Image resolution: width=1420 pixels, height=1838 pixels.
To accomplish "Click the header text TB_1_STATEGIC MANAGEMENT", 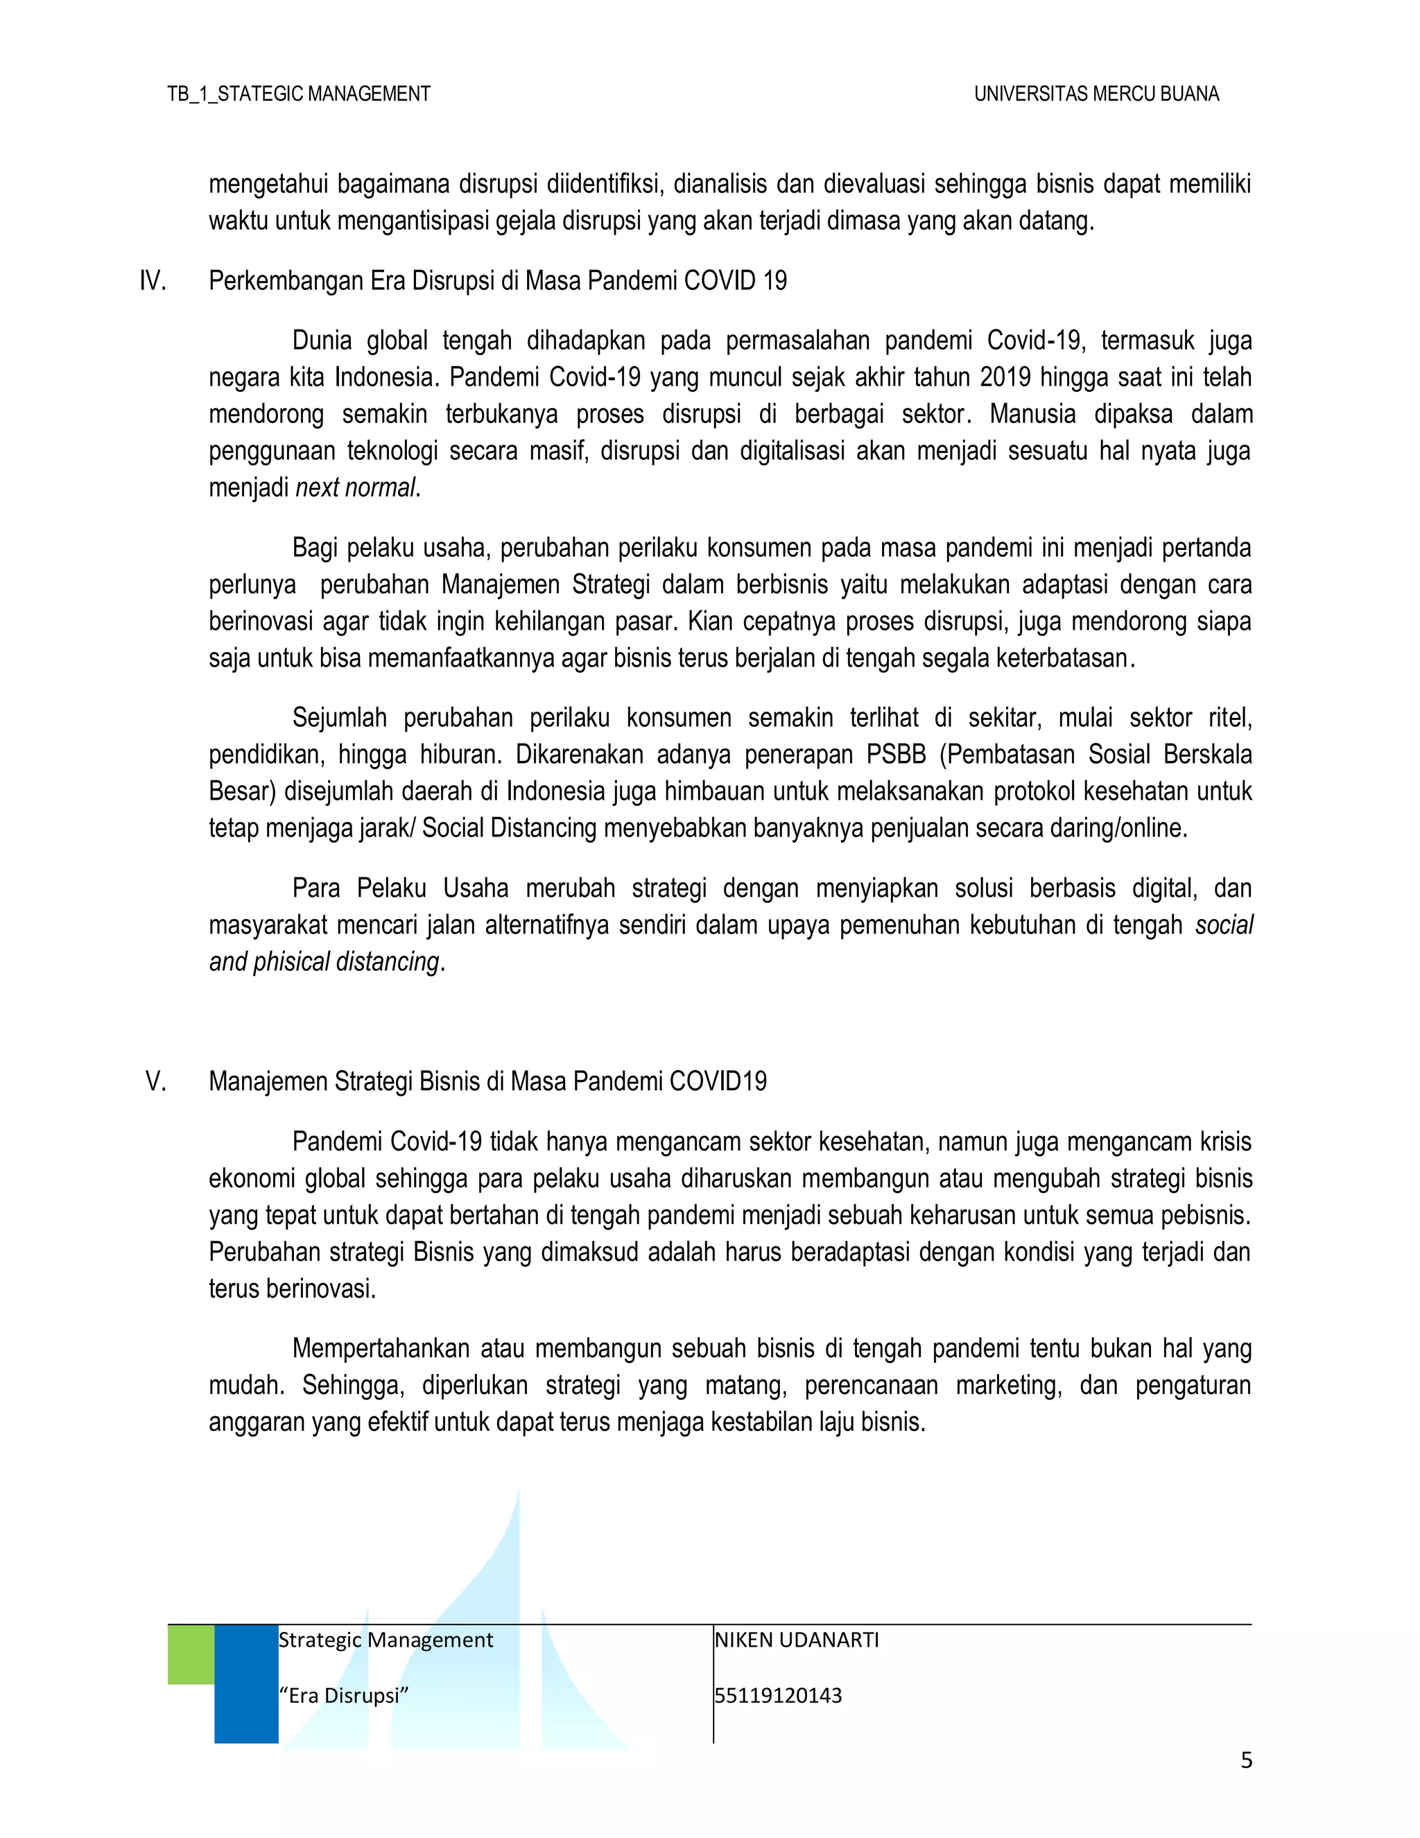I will [x=299, y=94].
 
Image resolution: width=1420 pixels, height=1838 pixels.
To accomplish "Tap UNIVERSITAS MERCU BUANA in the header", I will [x=1096, y=94].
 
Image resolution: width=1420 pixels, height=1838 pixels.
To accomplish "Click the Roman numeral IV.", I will [x=153, y=281].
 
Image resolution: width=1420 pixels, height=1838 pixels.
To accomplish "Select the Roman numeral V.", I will [x=155, y=1081].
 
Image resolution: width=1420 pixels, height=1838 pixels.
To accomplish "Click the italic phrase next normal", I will [x=355, y=488].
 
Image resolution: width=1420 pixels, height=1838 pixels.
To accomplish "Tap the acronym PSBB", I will [x=895, y=754].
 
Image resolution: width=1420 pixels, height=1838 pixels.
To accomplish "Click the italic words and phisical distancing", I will [x=324, y=962].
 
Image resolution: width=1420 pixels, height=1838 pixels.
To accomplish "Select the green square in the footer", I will [x=191, y=1654].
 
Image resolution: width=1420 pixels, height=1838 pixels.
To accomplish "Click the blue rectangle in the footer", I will [x=246, y=1683].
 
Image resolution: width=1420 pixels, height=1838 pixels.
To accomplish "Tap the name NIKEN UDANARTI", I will [x=796, y=1640].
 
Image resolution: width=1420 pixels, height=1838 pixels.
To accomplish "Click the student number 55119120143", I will [x=778, y=1696].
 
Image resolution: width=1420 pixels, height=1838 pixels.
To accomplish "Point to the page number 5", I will [x=1246, y=1760].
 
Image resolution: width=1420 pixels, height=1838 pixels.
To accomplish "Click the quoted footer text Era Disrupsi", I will [x=343, y=1696].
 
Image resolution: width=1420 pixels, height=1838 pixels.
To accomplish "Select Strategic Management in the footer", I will [x=386, y=1640].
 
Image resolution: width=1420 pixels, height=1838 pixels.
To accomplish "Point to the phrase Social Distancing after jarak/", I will [x=509, y=829].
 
